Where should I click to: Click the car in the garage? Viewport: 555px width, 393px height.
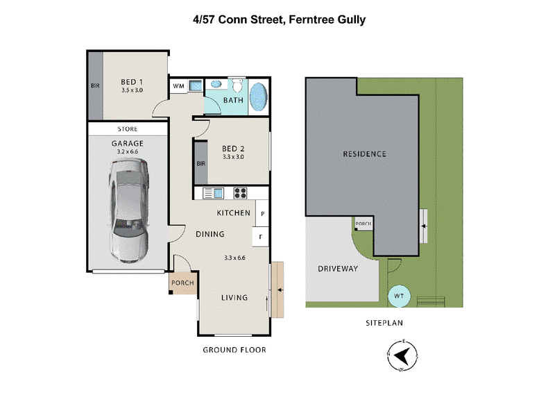(x=128, y=211)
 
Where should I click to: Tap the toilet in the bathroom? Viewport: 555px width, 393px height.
(x=237, y=85)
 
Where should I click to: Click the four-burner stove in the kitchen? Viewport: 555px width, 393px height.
(x=240, y=193)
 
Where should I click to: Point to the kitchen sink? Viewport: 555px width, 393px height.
(x=213, y=193)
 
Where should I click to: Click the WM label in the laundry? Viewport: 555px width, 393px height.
(x=178, y=86)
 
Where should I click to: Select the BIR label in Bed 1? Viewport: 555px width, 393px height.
(x=95, y=86)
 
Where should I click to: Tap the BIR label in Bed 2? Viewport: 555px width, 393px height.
(x=200, y=164)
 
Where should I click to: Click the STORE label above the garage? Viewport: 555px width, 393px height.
(x=128, y=129)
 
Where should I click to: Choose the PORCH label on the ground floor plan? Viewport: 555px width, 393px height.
(x=182, y=283)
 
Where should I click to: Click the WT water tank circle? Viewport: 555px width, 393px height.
(x=400, y=296)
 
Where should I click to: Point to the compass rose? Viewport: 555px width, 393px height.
(x=402, y=356)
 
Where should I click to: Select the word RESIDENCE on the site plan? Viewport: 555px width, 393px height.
(x=364, y=154)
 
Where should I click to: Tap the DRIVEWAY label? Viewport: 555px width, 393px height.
(x=338, y=269)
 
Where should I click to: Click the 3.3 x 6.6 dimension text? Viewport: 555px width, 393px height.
(x=234, y=258)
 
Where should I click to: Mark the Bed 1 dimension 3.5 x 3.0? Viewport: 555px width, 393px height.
(x=132, y=90)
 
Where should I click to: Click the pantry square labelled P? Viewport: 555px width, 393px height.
(x=262, y=213)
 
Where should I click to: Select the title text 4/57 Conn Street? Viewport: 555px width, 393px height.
(x=239, y=20)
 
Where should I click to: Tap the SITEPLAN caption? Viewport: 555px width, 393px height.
(x=384, y=323)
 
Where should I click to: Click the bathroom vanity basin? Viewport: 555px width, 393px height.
(x=216, y=84)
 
